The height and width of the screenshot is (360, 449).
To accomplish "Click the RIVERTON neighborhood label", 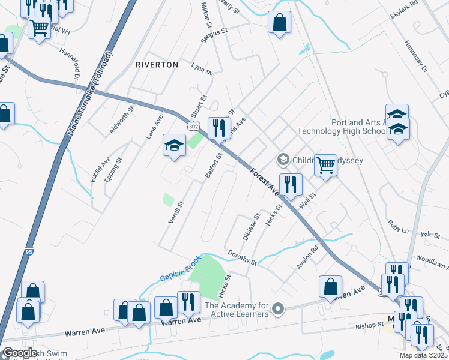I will (x=157, y=64).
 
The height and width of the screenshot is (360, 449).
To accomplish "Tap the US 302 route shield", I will (x=192, y=126).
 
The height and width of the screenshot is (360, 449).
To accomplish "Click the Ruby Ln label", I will (x=398, y=227).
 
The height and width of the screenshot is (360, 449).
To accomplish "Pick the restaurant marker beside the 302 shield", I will (x=218, y=127).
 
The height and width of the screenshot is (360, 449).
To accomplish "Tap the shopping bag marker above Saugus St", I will (x=279, y=23).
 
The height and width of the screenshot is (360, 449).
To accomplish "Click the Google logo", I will (x=20, y=353).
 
